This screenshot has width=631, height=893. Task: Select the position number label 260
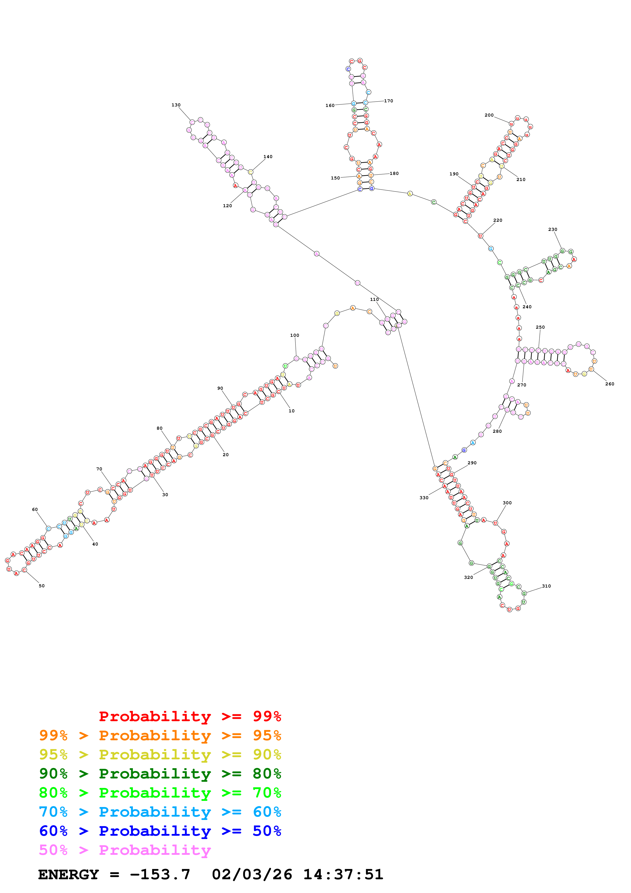[610, 384]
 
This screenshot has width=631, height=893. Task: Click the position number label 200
[489, 115]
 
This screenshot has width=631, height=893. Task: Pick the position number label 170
[388, 101]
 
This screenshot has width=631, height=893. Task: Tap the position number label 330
[424, 498]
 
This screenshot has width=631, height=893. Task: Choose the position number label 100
[295, 335]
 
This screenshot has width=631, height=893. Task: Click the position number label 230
[552, 229]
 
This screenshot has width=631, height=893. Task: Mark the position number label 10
[292, 411]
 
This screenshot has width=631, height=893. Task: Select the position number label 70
[99, 469]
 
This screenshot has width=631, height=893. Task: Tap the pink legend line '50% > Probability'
[124, 850]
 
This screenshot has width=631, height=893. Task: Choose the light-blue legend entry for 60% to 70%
[160, 812]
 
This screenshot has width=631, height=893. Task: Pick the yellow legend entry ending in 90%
[160, 755]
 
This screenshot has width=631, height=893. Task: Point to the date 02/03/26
[252, 875]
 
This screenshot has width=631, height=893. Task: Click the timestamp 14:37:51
[343, 875]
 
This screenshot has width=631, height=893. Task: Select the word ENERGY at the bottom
[68, 875]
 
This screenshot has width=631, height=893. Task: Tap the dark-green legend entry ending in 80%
[160, 774]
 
